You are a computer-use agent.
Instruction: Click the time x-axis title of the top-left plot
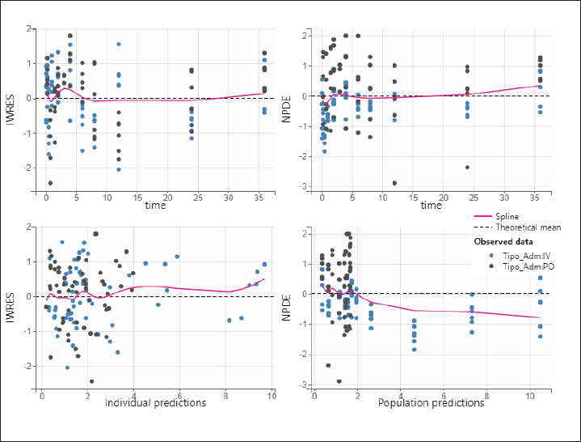pos(156,206)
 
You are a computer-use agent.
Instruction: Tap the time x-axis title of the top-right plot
pos(431,206)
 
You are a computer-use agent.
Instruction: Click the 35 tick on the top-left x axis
pos(258,198)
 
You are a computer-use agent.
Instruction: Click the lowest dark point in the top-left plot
pos(50,183)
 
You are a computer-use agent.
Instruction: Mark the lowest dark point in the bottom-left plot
pos(91,381)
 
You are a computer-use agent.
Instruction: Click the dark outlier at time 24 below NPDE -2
pos(467,168)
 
